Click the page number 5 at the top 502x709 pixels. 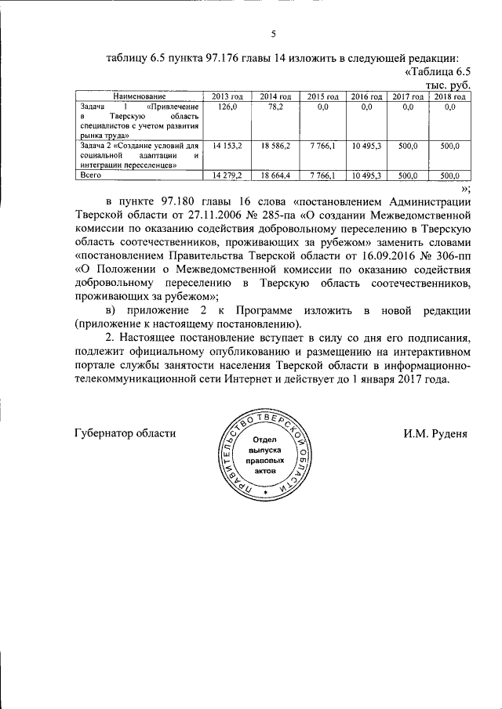tap(274, 34)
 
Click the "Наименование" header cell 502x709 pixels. tap(138, 96)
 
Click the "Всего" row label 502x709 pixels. tap(93, 175)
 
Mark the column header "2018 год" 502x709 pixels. tap(450, 96)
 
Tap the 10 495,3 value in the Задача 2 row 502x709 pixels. tap(366, 147)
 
